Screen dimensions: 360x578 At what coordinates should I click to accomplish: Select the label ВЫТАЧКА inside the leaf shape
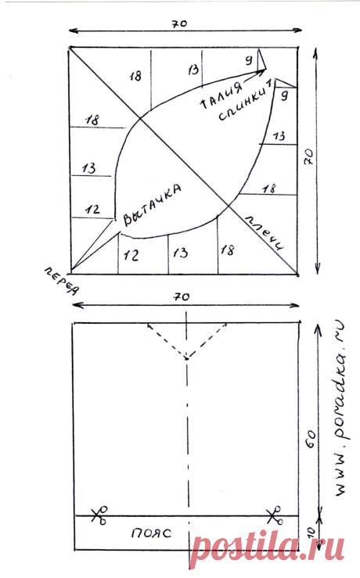[x=152, y=205]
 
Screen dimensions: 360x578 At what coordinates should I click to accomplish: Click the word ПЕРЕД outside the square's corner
[x=62, y=282]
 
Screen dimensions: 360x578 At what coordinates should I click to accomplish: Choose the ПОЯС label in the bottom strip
[x=151, y=533]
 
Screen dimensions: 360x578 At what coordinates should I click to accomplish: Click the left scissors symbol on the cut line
[x=99, y=515]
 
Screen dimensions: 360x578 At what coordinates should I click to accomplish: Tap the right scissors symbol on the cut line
[x=274, y=515]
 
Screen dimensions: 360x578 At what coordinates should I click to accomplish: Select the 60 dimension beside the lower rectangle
[x=311, y=439]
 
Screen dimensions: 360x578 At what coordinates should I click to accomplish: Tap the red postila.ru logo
[x=268, y=548]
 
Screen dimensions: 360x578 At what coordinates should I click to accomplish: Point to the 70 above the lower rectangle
[x=182, y=296]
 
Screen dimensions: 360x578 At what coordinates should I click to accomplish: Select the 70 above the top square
[x=180, y=24]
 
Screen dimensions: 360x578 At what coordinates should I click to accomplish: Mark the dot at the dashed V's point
[x=187, y=358]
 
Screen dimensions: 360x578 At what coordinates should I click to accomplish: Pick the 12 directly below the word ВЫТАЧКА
[x=131, y=255]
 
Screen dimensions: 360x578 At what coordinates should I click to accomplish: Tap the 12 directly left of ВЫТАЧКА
[x=92, y=210]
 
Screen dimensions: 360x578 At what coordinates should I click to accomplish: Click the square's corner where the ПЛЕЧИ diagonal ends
[x=297, y=275]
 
